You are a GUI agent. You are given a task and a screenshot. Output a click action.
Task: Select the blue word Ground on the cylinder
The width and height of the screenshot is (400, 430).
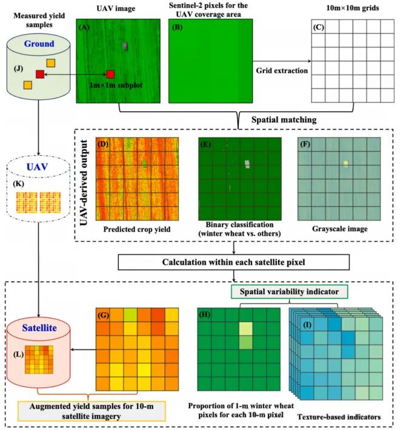tap(39, 44)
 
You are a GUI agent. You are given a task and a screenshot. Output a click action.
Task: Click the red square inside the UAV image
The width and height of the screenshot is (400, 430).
tap(110, 74)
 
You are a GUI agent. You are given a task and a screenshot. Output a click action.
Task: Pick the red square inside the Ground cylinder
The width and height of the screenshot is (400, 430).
tap(40, 74)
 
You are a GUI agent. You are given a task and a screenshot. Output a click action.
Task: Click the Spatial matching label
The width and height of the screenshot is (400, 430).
tap(287, 119)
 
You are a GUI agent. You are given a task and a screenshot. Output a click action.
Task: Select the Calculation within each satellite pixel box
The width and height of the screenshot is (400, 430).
tap(234, 262)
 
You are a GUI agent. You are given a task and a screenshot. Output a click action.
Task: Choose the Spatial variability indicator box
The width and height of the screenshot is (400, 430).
tap(288, 292)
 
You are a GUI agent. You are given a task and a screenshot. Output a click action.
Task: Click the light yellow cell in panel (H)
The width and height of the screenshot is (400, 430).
tap(245, 329)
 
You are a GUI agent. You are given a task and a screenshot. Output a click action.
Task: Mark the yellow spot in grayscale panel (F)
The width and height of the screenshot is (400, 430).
tap(346, 163)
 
